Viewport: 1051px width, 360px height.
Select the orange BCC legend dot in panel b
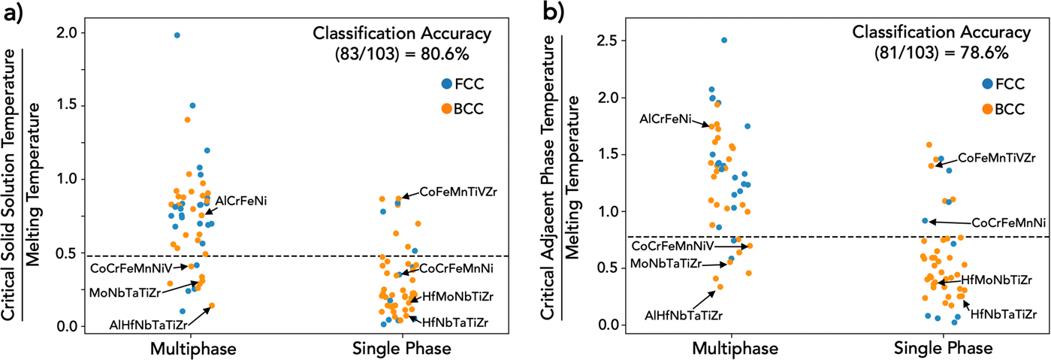click(x=987, y=109)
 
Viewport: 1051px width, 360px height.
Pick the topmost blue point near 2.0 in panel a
click(x=177, y=35)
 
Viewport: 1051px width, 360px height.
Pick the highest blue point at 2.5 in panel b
click(x=724, y=40)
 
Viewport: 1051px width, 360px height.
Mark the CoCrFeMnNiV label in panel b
click(x=669, y=246)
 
